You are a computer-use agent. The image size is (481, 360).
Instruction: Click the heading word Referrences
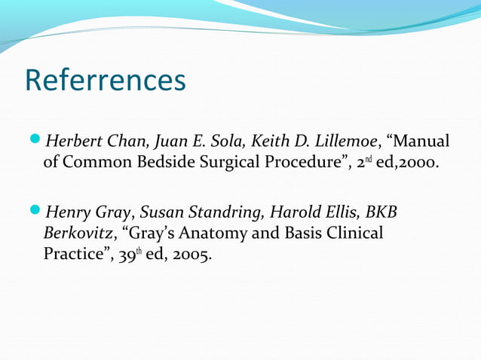pyautogui.click(x=106, y=81)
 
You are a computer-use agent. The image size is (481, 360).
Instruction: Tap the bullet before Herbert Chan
pyautogui.click(x=38, y=141)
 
